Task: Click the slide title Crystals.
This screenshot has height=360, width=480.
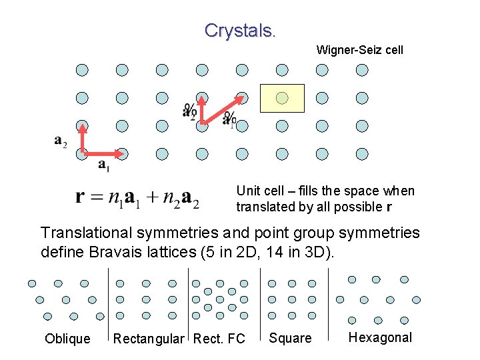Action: tap(240, 31)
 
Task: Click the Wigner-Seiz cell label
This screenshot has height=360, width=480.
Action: tap(359, 50)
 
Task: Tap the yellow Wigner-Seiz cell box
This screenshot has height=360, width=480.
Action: tap(282, 98)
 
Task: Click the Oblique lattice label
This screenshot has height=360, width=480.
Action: tap(67, 339)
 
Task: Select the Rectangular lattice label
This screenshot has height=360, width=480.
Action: tap(149, 339)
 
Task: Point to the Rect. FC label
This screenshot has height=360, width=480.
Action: tap(219, 339)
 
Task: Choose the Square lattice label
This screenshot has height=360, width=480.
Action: tap(290, 338)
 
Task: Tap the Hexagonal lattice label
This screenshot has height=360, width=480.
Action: tap(380, 337)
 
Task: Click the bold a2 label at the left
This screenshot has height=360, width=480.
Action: tap(60, 141)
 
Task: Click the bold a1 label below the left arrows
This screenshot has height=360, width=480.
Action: tap(104, 164)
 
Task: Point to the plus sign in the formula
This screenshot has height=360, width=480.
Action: tap(153, 197)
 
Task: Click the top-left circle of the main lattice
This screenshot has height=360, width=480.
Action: tap(82, 70)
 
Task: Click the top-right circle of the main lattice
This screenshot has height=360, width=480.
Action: tap(362, 70)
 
